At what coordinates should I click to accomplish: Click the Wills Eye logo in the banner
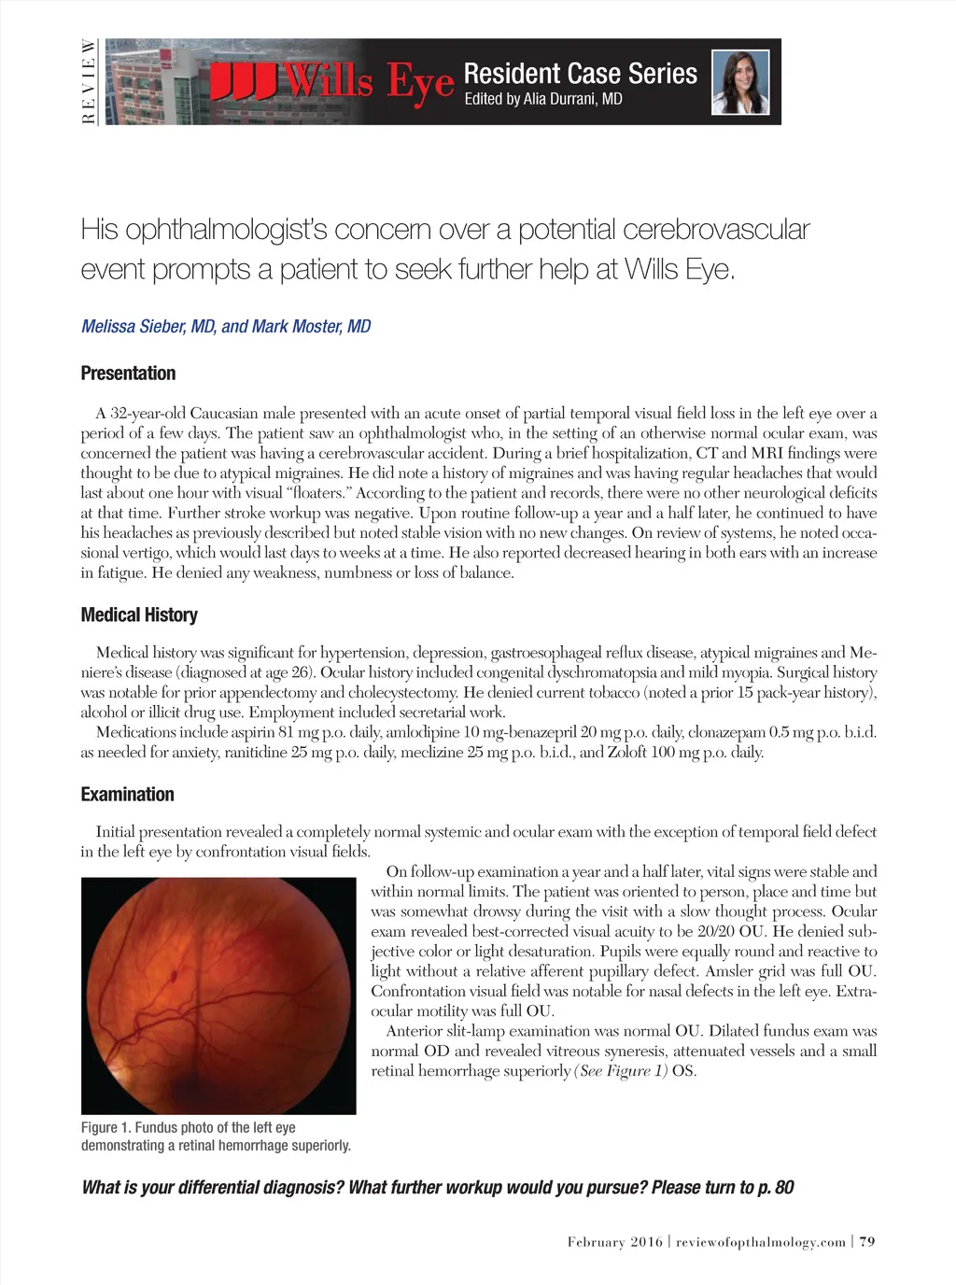(x=331, y=82)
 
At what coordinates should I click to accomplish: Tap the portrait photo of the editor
(x=740, y=82)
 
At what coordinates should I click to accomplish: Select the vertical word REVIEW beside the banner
(x=88, y=82)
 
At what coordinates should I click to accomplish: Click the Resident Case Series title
(x=580, y=74)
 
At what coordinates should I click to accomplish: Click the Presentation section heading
(x=128, y=374)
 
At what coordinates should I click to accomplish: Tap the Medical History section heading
(x=139, y=614)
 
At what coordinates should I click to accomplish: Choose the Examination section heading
(x=127, y=795)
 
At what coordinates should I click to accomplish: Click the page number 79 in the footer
(x=867, y=1241)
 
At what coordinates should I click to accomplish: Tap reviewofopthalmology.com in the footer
(x=761, y=1241)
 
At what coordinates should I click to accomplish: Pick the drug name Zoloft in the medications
(x=626, y=752)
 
